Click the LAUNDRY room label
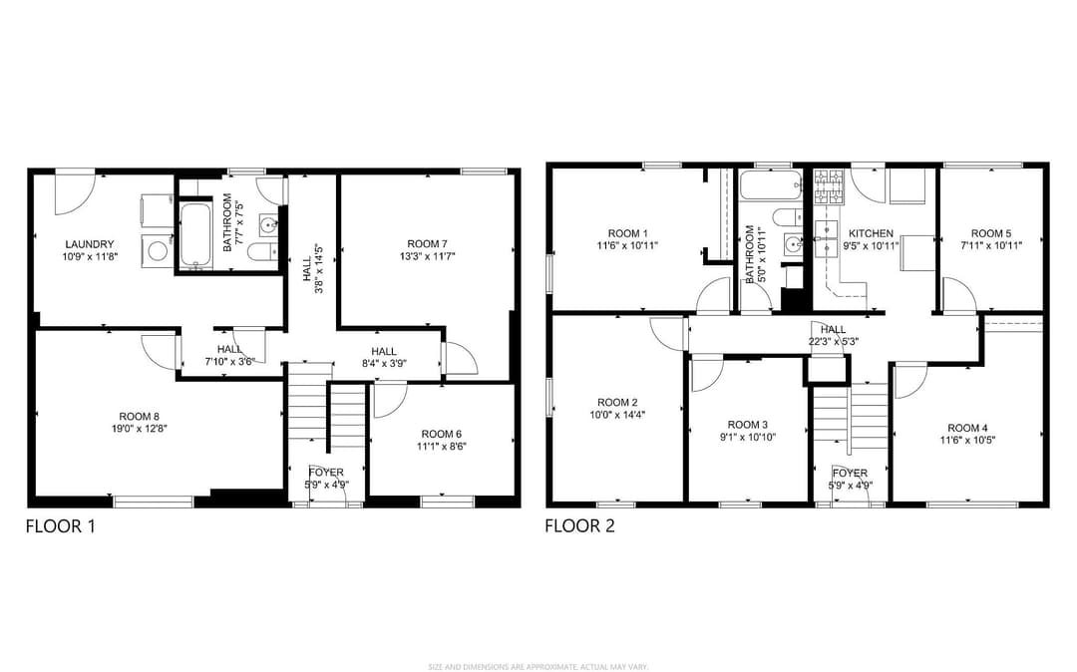pos(90,244)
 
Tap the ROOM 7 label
pos(427,243)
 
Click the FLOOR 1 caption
pos(60,525)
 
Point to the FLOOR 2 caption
pos(579,525)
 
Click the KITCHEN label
pos(871,232)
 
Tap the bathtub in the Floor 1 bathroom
pos(194,235)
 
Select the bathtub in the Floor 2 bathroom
pos(770,185)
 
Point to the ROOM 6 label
pos(441,434)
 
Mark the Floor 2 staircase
pos(850,415)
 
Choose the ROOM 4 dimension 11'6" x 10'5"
pos(967,440)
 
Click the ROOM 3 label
pos(748,424)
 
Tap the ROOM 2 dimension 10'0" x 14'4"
pos(617,415)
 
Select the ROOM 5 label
pos(991,232)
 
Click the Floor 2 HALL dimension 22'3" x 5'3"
pos(834,342)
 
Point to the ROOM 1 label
pos(628,232)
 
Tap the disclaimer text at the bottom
pos(538,666)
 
